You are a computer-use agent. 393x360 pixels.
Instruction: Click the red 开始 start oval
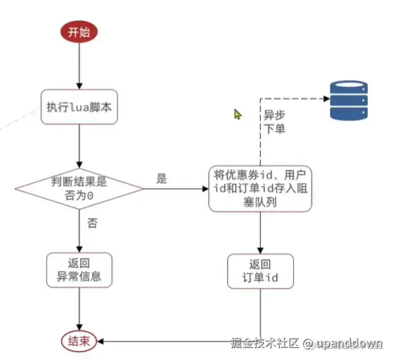click(79, 32)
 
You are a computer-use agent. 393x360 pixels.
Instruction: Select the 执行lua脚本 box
click(79, 107)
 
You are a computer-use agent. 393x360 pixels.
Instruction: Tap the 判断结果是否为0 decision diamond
click(79, 189)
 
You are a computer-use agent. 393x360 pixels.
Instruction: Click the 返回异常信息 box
click(79, 270)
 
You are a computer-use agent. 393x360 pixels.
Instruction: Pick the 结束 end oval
click(79, 341)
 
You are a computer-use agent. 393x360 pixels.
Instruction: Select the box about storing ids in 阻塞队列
click(260, 189)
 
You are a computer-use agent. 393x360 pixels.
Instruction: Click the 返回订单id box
click(261, 271)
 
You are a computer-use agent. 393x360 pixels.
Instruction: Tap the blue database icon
click(348, 100)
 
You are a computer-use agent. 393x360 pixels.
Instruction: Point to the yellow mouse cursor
click(237, 115)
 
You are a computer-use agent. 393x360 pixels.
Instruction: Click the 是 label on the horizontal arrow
click(161, 178)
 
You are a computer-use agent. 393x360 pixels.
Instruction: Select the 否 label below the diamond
click(92, 223)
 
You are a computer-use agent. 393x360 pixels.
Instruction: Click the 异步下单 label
click(275, 122)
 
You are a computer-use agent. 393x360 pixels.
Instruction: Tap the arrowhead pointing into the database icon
click(326, 98)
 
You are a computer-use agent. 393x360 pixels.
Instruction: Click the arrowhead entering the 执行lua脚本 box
click(79, 86)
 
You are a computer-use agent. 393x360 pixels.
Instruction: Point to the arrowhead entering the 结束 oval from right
click(101, 341)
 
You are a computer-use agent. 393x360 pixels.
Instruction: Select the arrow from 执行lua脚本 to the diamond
click(79, 146)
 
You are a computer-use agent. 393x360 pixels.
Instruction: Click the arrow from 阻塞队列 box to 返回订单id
click(260, 233)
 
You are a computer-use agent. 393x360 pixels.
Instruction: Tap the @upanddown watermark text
click(343, 343)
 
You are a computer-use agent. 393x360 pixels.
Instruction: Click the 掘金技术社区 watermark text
click(265, 343)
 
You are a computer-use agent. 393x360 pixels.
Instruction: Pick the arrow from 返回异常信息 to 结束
click(79, 309)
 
